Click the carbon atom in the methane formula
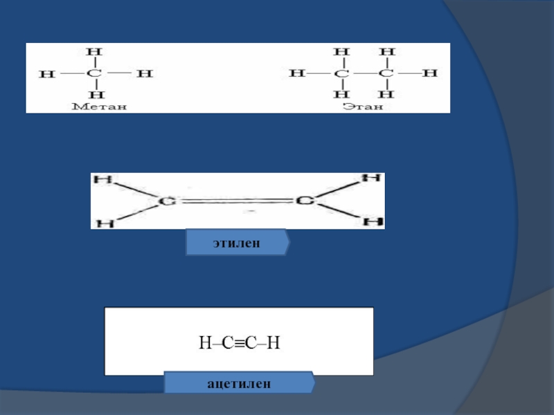coord(97,73)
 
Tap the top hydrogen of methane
coord(97,51)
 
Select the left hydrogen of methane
coord(47,73)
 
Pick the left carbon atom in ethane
coord(340,73)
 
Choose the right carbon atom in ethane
coord(387,73)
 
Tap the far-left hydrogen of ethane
coord(296,73)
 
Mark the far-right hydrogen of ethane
coord(430,73)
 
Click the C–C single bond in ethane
coord(364,73)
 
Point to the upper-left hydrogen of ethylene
coord(102,180)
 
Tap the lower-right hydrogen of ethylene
coord(373,221)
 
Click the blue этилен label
coord(237,243)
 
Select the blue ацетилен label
coord(238,382)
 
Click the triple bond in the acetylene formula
coord(239,342)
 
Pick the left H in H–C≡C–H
coord(204,342)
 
